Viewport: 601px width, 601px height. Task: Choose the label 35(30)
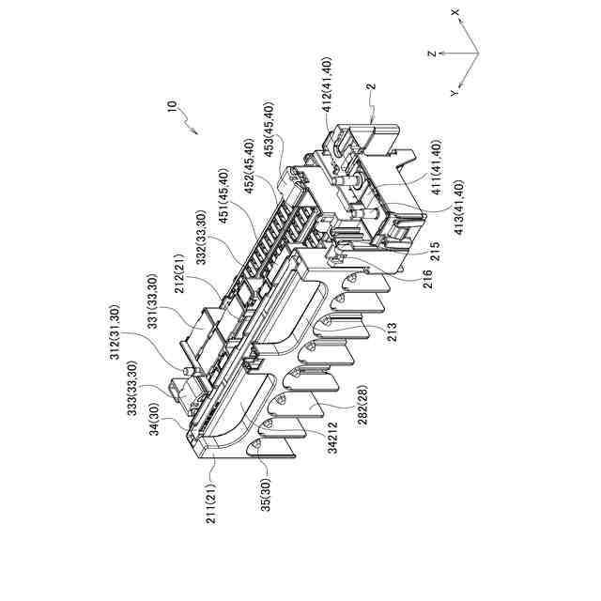[267, 497]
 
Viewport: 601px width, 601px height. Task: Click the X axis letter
[455, 12]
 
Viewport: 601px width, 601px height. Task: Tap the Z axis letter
[431, 54]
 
